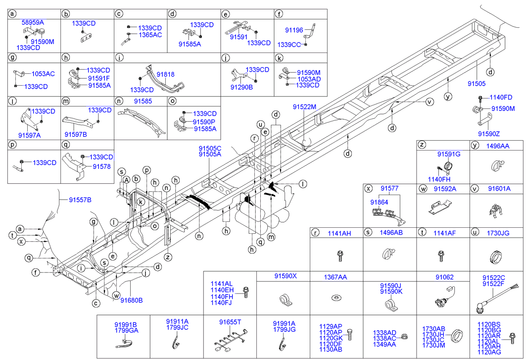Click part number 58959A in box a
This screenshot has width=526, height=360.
tap(32, 22)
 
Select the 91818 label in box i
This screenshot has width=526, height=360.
tap(166, 74)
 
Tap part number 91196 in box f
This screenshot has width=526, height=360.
tap(294, 30)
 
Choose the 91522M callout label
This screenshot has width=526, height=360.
tap(304, 106)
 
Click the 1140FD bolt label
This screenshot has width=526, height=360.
tap(501, 97)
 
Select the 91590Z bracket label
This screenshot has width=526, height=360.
tap(489, 133)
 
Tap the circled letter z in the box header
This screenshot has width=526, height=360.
tap(422, 145)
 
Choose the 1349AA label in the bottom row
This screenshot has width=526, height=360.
tap(384, 344)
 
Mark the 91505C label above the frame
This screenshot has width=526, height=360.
tap(210, 148)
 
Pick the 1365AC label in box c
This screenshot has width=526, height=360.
tap(150, 35)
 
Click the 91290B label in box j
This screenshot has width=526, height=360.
tap(241, 87)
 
